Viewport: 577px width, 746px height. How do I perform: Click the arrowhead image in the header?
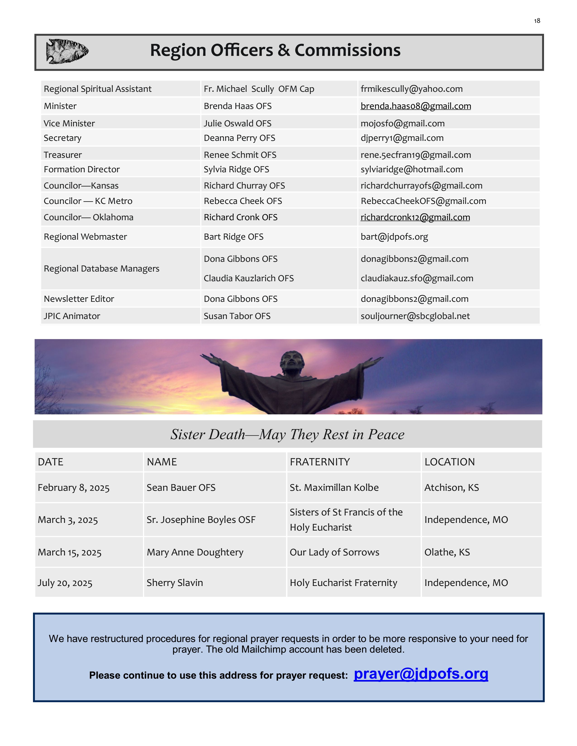coord(67,51)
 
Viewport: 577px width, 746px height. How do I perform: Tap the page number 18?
coord(537,21)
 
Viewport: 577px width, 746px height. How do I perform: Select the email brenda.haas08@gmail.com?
coord(416,106)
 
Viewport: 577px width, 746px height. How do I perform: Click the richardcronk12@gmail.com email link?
coord(415,217)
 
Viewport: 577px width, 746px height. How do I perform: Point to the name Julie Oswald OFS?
coord(238,123)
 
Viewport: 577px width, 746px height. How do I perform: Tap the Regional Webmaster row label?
coord(86,237)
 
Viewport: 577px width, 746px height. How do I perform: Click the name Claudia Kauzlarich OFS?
coord(248,278)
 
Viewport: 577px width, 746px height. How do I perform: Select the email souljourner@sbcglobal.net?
coord(415,316)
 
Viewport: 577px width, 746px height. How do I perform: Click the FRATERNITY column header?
coord(319,462)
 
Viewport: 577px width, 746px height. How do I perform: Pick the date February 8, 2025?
coord(74,488)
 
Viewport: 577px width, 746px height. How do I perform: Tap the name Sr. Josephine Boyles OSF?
coord(201,520)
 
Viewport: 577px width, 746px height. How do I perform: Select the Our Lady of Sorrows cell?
coord(334,552)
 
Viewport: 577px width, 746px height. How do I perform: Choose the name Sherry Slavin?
coord(175,583)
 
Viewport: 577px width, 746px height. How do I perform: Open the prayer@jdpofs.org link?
coord(421,674)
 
